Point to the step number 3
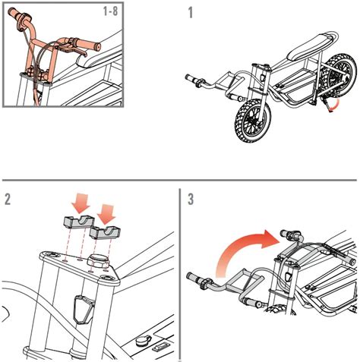pos(191,200)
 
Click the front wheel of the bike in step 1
pos(248,126)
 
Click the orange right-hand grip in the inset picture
pos(93,46)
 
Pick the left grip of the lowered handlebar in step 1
pos(191,77)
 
